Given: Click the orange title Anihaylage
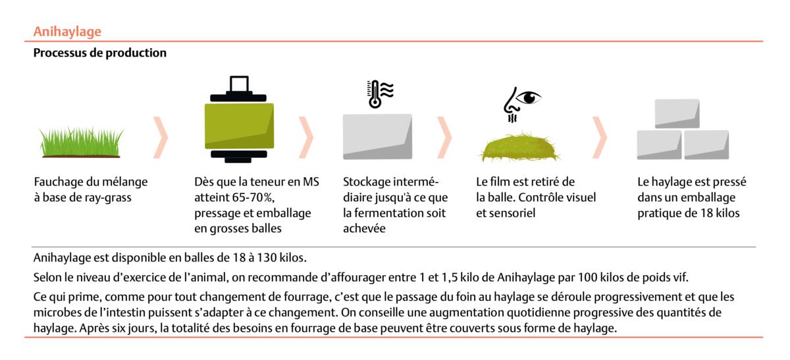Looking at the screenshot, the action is [67, 32].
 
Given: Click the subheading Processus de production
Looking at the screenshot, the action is [100, 53].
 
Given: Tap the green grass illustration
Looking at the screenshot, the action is [81, 142].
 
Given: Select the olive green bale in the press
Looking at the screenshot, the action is [239, 126].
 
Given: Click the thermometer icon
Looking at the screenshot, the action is [374, 94].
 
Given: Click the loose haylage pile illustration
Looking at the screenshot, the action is [520, 147].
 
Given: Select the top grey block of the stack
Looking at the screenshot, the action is [677, 114].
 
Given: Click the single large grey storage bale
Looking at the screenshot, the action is [377, 136].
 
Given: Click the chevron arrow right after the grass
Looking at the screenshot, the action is [161, 138].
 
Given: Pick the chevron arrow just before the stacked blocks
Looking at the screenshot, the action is [599, 138].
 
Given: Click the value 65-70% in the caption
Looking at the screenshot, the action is [253, 197].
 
